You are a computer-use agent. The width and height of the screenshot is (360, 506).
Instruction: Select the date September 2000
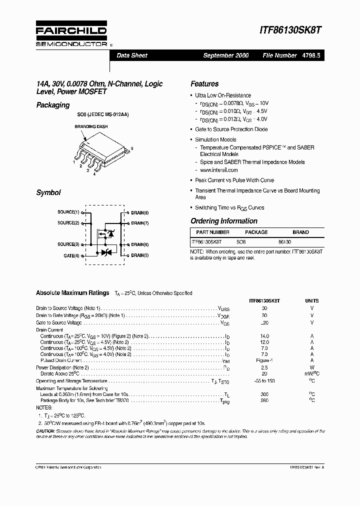tap(225, 55)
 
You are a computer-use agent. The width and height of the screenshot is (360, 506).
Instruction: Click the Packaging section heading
tap(52, 105)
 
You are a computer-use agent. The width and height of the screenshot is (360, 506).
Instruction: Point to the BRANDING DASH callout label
tap(91, 127)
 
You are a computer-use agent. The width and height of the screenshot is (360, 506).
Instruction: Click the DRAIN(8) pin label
tap(140, 212)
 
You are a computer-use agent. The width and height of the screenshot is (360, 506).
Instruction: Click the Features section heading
tap(204, 84)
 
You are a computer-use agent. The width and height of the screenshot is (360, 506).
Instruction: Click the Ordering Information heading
tap(224, 221)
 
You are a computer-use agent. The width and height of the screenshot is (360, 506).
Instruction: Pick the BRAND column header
tap(300, 232)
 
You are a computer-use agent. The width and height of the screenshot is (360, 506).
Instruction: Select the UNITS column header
tap(311, 301)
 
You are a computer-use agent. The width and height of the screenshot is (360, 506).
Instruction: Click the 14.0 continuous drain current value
tap(264, 337)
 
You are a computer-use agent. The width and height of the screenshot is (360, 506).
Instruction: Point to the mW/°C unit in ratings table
tap(311, 373)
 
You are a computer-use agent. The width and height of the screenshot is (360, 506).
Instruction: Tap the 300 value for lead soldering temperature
tap(264, 394)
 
